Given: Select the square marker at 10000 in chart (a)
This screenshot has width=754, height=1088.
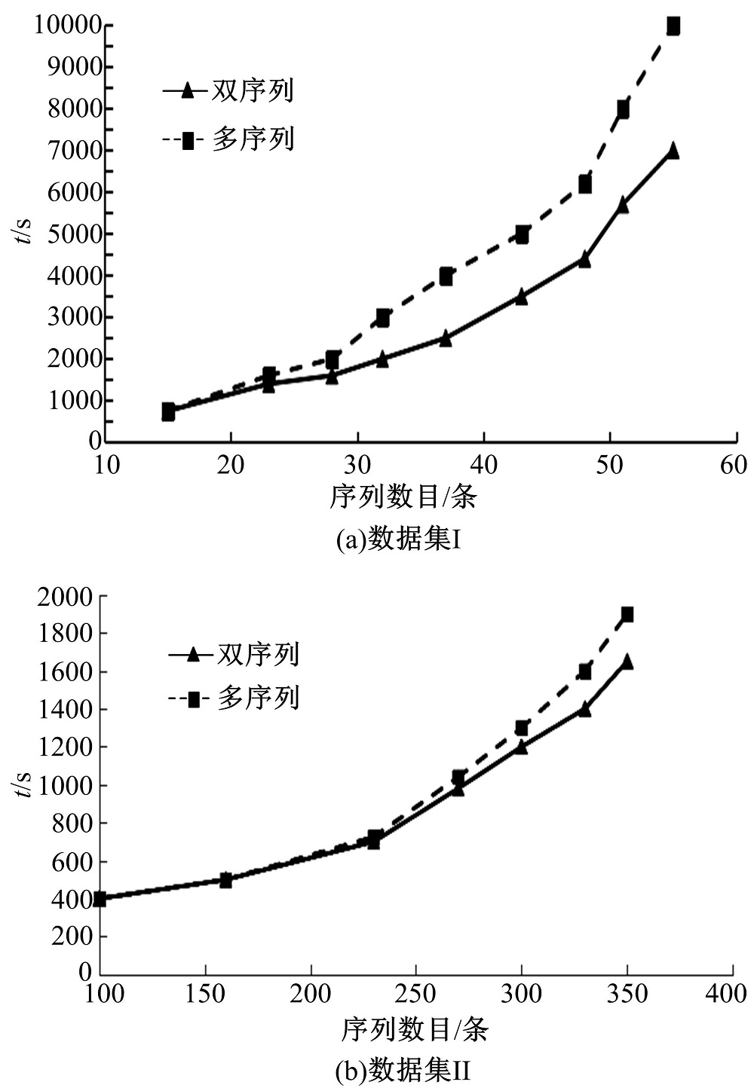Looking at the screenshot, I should pos(673,26).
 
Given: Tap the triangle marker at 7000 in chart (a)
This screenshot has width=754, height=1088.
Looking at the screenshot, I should pos(673,151).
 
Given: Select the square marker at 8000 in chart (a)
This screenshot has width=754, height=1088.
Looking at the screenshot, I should pos(623,109).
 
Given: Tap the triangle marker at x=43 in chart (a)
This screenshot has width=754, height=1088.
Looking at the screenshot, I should pos(521,297).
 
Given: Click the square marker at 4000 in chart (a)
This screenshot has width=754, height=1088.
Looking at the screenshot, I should pos(446,277).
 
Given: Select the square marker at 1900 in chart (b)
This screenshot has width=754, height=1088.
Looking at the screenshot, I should pos(627,614).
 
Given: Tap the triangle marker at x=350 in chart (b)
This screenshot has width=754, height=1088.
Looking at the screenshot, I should pos(627,662).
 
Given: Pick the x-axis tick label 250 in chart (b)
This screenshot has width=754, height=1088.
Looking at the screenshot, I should pos(415,994).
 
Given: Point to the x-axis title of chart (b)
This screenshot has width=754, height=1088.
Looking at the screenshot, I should pos(415,1029).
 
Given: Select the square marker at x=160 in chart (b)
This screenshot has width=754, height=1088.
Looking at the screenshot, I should pos(225,879).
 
